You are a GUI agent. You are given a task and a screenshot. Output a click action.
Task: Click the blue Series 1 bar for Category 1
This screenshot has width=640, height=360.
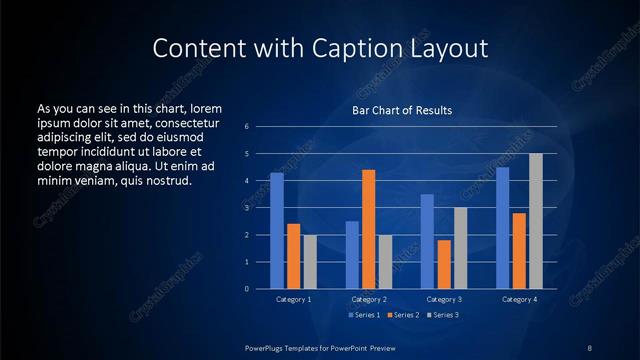277,231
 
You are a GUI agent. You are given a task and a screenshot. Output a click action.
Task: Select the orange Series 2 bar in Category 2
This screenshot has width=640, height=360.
369,229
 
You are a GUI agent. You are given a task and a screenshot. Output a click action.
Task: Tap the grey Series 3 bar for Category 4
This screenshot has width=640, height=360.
536,221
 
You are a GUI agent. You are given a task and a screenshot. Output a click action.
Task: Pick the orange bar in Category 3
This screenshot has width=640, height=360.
444,264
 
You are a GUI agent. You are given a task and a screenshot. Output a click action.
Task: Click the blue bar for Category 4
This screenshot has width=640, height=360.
503,228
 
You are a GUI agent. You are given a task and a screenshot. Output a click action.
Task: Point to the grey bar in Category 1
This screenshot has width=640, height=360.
310,262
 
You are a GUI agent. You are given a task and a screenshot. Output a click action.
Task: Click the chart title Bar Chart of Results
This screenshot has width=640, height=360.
401,110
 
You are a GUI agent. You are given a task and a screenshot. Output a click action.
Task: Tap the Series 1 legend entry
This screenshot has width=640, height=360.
361,315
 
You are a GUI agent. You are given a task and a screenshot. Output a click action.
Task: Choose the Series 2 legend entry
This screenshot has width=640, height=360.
401,315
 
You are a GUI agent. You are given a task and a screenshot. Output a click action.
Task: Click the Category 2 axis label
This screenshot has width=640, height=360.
369,299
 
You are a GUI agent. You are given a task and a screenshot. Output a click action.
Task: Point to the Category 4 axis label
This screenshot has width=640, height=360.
519,299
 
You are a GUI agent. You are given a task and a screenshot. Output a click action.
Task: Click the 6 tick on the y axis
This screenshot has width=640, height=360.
247,127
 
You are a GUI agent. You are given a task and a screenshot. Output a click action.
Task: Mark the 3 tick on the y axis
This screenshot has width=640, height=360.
247,208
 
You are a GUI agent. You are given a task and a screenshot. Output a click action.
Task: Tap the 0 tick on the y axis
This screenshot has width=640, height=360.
247,289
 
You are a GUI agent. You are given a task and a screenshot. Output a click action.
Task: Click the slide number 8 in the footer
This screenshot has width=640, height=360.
590,347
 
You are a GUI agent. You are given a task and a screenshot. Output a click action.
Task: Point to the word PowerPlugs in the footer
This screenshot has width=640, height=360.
267,347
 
